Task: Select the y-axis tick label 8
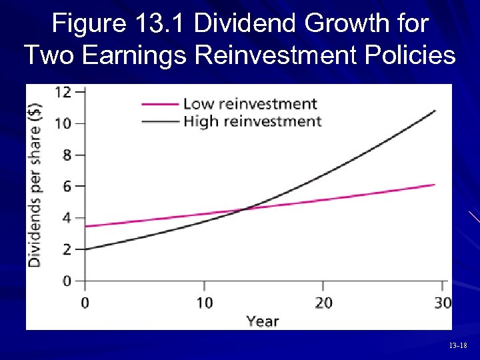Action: tap(66, 155)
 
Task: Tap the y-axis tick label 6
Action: tap(66, 186)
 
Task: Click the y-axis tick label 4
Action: tap(66, 218)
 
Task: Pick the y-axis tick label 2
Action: tap(66, 249)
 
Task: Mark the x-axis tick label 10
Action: tap(204, 303)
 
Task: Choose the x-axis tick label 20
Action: tap(323, 303)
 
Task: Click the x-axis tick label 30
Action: tap(441, 303)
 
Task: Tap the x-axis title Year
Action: tap(262, 321)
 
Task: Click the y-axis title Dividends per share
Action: tap(34, 185)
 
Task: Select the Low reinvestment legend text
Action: tap(250, 103)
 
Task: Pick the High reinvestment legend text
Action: tap(252, 121)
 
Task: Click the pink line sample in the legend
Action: tap(160, 103)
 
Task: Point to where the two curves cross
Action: tap(245, 209)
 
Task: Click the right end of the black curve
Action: tap(435, 111)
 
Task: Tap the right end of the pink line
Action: tap(434, 185)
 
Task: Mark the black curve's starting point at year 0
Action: tap(86, 249)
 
